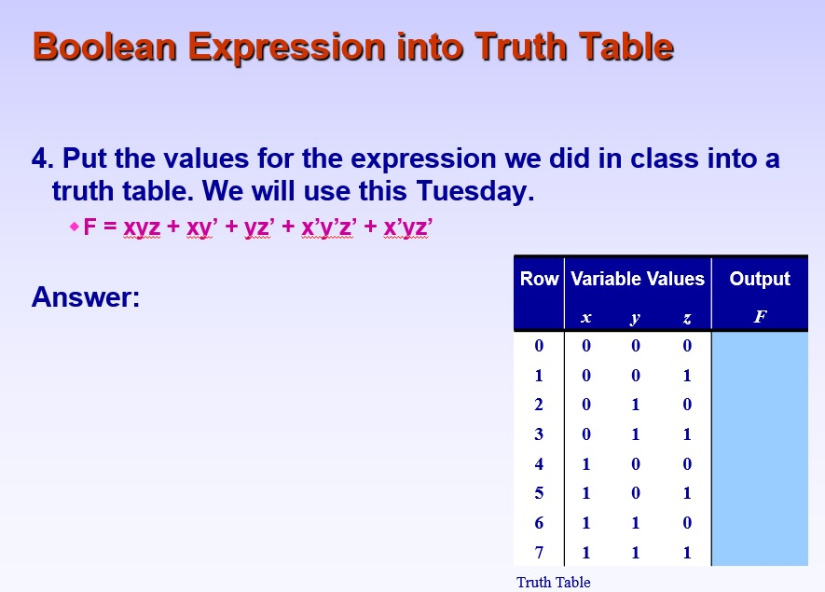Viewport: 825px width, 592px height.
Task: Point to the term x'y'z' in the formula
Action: pyautogui.click(x=327, y=227)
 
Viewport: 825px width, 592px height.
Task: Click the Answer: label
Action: pyautogui.click(x=85, y=297)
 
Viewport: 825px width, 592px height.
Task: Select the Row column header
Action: pyautogui.click(x=539, y=279)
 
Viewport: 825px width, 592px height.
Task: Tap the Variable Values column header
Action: pyautogui.click(x=638, y=279)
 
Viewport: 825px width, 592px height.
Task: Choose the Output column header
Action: pyautogui.click(x=760, y=279)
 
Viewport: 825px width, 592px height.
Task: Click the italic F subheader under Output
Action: pyautogui.click(x=760, y=317)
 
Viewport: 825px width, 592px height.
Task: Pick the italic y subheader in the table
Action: pyautogui.click(x=636, y=317)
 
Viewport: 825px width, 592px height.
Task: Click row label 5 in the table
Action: pyautogui.click(x=539, y=493)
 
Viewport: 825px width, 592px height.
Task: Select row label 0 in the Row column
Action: pyautogui.click(x=539, y=347)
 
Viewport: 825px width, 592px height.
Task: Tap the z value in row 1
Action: pyautogui.click(x=687, y=376)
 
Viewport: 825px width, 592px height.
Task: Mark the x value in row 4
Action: pyautogui.click(x=585, y=463)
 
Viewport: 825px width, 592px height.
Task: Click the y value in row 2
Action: pyautogui.click(x=636, y=406)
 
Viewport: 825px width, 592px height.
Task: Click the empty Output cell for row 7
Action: pyautogui.click(x=760, y=552)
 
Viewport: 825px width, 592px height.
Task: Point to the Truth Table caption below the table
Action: pyautogui.click(x=554, y=582)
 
